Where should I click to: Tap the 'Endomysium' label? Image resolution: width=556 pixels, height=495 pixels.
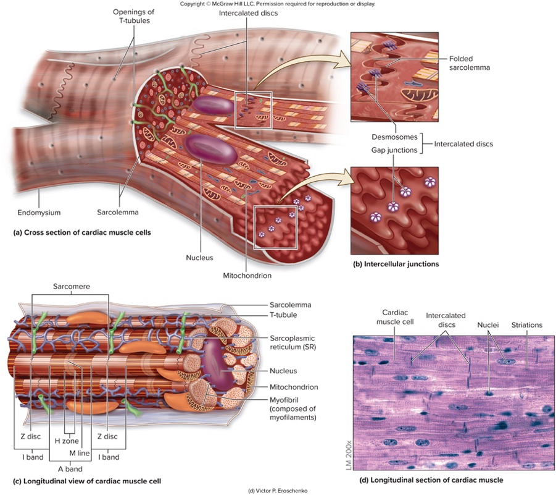tap(38, 212)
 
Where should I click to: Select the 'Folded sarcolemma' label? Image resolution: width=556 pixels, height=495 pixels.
tap(468, 63)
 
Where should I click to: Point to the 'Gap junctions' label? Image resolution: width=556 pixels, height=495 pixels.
tap(395, 150)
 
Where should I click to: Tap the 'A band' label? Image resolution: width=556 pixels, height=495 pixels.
tap(70, 469)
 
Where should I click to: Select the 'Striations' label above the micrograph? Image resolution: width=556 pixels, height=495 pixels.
tap(526, 324)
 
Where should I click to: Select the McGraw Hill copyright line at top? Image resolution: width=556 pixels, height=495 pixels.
tap(277, 4)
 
